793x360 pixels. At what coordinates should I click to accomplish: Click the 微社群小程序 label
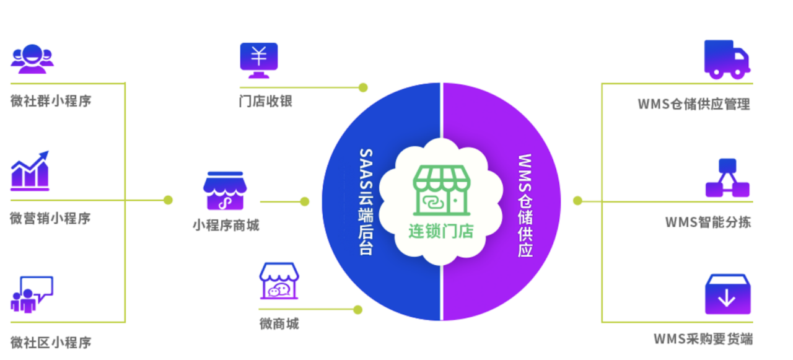point(51,100)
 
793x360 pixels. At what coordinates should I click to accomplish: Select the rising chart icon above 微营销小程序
point(30,170)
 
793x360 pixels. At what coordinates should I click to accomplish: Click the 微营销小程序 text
point(51,218)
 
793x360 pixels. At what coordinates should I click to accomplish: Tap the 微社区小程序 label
point(51,342)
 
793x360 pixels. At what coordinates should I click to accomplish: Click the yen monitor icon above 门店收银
point(259,60)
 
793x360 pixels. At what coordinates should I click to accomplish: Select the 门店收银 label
point(266,101)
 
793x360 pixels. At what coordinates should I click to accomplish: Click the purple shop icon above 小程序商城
point(225,191)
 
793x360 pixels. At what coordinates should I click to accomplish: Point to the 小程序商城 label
point(226,225)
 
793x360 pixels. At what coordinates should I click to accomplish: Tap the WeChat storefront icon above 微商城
point(279,281)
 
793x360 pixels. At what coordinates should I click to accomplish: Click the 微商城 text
point(279,323)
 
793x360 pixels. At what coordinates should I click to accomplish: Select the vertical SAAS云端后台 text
point(366,201)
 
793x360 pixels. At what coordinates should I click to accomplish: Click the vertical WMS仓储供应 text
point(525,205)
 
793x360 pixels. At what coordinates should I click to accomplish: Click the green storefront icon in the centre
point(440,190)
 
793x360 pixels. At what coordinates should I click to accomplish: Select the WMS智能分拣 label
point(708,222)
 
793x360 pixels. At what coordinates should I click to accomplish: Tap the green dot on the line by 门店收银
point(363,87)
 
